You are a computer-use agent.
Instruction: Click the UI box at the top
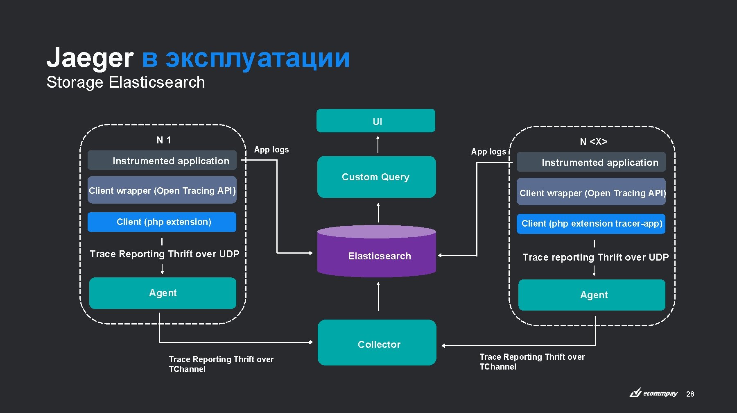[375, 121]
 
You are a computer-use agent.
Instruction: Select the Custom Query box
[376, 177]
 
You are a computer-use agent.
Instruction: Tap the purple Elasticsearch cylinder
[376, 256]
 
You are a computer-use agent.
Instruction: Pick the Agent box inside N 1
[163, 293]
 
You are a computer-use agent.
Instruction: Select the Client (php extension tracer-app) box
[591, 224]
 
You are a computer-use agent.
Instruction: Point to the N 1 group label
[164, 140]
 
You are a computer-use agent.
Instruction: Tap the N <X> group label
[593, 142]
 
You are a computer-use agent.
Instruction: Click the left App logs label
[271, 150]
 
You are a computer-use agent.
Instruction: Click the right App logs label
[488, 152]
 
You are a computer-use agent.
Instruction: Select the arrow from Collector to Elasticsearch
[378, 296]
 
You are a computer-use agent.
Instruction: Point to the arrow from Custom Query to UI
[378, 144]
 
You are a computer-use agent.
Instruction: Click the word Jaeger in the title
[90, 58]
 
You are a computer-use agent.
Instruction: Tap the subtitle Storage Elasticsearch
[125, 82]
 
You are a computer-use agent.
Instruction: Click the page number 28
[690, 394]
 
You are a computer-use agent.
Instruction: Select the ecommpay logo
[654, 393]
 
